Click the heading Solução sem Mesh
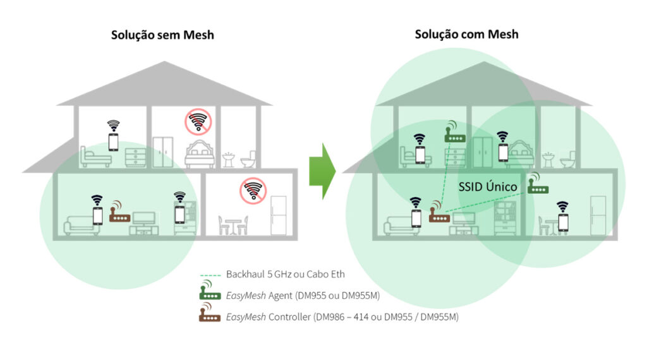point(163,35)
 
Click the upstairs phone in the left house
point(113,141)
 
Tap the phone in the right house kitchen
point(562,222)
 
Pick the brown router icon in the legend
point(209,315)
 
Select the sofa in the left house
point(80,224)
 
